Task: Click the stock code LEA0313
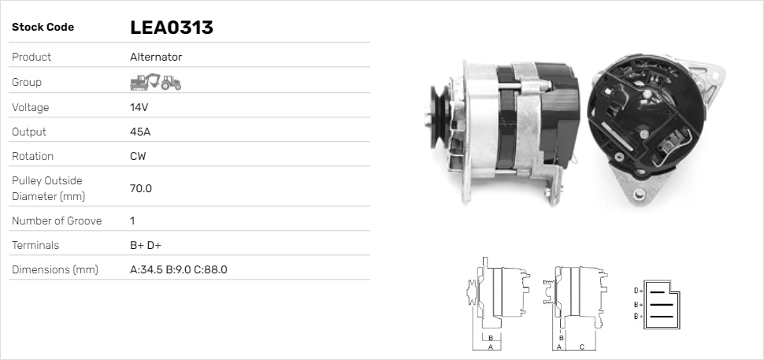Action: [x=171, y=28]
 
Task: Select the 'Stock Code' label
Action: [x=43, y=28]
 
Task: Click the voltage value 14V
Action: [x=139, y=107]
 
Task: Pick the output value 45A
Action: [x=139, y=132]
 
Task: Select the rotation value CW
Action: [x=138, y=156]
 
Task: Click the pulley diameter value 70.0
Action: [x=141, y=188]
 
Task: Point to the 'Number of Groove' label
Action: [x=57, y=221]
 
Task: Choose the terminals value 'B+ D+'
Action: [x=146, y=245]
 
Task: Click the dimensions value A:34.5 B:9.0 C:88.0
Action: [x=178, y=269]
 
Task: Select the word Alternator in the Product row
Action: [x=156, y=57]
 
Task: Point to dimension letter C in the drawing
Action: [x=581, y=346]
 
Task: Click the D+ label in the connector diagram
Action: [x=638, y=290]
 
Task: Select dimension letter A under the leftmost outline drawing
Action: [x=490, y=346]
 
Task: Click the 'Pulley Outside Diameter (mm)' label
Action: [x=48, y=188]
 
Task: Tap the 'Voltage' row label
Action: [x=30, y=107]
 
